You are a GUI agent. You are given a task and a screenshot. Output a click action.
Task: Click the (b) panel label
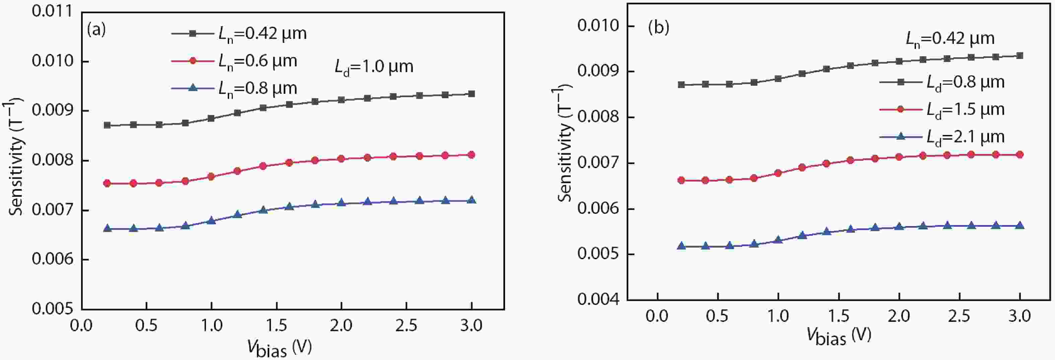click(x=658, y=27)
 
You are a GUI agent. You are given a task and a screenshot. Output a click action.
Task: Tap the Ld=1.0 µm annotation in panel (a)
click(x=374, y=67)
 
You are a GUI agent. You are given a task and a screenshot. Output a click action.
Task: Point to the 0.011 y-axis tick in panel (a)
click(x=52, y=11)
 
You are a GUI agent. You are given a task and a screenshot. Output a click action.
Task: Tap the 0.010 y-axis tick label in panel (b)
click(x=597, y=26)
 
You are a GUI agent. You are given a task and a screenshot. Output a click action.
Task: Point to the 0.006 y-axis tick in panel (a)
click(x=52, y=259)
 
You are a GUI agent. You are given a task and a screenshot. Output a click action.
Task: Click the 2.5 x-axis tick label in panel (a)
click(x=406, y=326)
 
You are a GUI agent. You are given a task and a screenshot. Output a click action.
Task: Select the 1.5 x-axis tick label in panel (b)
click(x=839, y=316)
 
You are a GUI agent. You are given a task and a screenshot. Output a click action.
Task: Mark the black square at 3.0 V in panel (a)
click(x=471, y=94)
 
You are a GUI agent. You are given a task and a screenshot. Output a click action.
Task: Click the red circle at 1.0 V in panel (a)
click(x=211, y=176)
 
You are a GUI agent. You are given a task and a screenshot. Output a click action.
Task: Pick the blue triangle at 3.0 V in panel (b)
click(x=1020, y=226)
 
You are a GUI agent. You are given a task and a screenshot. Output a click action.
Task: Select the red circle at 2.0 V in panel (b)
click(x=899, y=157)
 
